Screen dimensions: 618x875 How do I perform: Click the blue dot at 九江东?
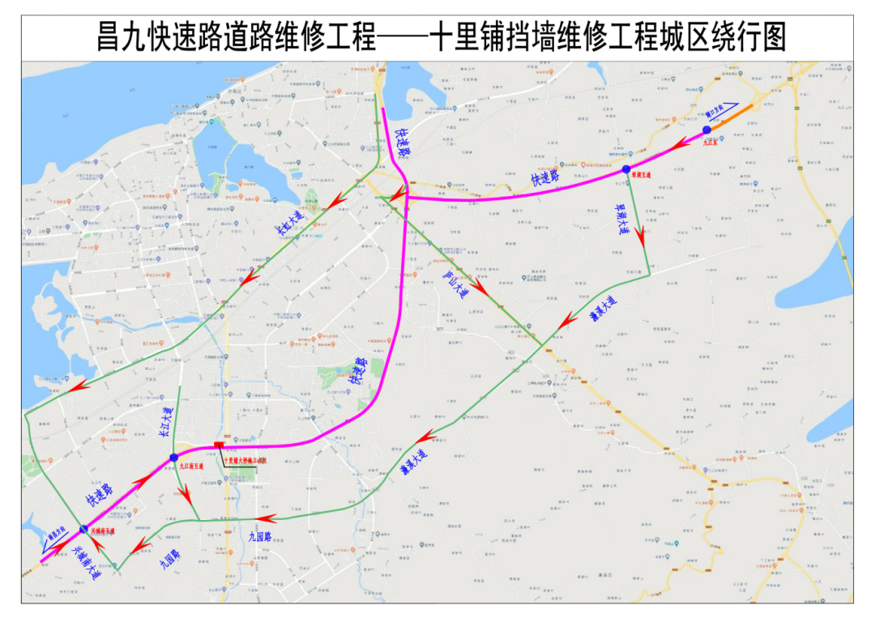(x=706, y=130)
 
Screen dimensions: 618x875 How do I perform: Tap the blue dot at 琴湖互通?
(x=626, y=169)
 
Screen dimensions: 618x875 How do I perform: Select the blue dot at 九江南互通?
(x=173, y=458)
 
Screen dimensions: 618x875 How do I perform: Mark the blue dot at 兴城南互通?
(x=83, y=529)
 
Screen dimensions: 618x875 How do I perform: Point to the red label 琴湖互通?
(x=640, y=175)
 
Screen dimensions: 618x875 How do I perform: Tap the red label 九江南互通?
(x=192, y=467)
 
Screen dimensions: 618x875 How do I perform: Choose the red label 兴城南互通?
(x=102, y=532)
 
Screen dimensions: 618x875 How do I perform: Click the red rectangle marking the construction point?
(x=218, y=445)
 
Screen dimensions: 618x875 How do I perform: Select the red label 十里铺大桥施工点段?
(x=244, y=460)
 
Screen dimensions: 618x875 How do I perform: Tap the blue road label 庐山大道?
(x=455, y=284)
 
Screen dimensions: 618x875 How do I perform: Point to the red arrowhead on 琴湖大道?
(x=641, y=238)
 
